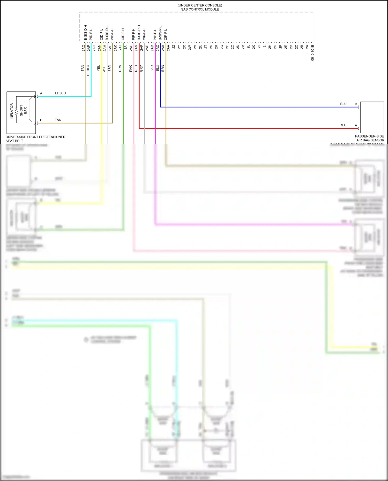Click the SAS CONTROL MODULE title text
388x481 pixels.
(x=200, y=9)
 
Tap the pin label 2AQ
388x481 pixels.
(x=84, y=48)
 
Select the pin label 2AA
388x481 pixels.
(x=168, y=48)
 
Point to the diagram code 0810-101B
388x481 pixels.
(x=312, y=53)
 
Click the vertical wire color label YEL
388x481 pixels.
(x=99, y=68)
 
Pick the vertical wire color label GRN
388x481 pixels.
(x=120, y=68)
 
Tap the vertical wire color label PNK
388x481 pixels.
(x=131, y=68)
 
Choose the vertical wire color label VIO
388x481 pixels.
(x=152, y=68)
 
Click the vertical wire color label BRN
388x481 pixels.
(x=163, y=68)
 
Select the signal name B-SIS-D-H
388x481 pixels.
(x=85, y=33)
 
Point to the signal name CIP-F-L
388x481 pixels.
(x=166, y=34)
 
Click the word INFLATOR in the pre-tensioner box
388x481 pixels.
(x=12, y=111)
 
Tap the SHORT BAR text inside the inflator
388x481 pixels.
(x=23, y=110)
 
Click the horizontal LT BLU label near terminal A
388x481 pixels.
(x=60, y=93)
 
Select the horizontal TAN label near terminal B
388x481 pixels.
(x=58, y=120)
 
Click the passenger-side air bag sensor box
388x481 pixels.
(x=372, y=117)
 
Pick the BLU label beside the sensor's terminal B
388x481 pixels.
(x=343, y=104)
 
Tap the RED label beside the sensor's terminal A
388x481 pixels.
(x=343, y=125)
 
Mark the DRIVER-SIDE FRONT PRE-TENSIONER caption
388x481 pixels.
(x=35, y=137)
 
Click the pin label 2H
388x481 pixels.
(x=270, y=47)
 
